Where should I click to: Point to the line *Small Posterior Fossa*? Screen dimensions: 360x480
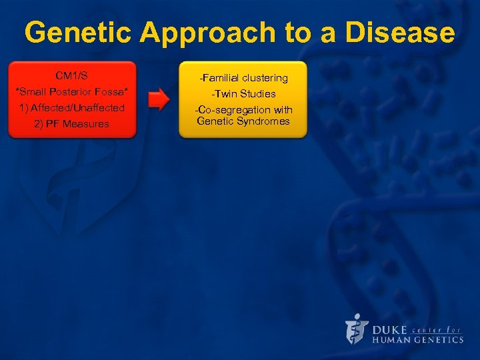(71, 91)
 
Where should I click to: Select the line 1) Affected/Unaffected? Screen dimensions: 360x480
(71, 107)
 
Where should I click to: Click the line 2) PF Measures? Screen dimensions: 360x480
(71, 124)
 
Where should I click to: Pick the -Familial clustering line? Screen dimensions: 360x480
(243, 78)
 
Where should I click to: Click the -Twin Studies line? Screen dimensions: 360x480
(243, 94)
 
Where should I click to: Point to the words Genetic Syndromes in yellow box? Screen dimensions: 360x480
(243, 121)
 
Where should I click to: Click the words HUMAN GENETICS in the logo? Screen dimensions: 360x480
(417, 339)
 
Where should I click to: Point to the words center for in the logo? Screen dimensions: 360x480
(437, 329)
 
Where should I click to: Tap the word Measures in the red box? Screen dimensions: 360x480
(86, 124)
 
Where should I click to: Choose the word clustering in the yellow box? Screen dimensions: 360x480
(263, 78)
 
